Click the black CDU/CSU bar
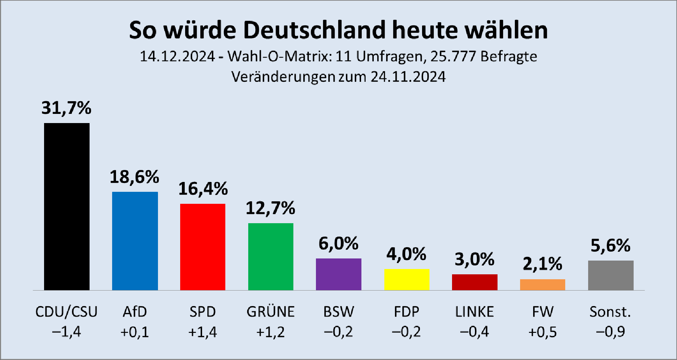point(67,207)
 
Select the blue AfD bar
point(135,241)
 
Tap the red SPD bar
point(203,247)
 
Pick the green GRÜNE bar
point(271,257)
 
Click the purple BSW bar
point(338,274)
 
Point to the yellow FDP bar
point(407,280)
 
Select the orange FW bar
point(543,285)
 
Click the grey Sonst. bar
point(611,275)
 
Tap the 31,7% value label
point(66,108)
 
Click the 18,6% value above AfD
point(134,177)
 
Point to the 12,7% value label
point(270,208)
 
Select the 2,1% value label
point(542,264)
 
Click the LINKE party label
point(475,312)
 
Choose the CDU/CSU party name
point(66,312)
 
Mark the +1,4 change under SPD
point(203,332)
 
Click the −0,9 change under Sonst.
point(610,332)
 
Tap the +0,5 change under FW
point(542,332)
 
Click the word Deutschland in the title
point(316,30)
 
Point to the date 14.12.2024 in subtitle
point(177,56)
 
